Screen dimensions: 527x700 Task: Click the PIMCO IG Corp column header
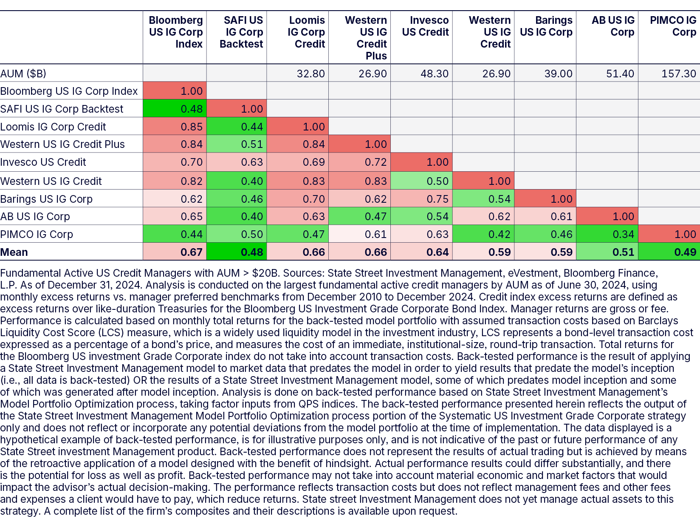(x=673, y=26)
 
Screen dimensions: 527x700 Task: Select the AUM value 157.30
(x=679, y=74)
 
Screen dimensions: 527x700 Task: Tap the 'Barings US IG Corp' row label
(x=46, y=199)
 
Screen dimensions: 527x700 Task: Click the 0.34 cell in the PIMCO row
(x=623, y=234)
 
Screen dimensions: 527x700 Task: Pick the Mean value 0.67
(x=191, y=252)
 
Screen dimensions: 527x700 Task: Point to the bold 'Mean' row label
(x=14, y=252)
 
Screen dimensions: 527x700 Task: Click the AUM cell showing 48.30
(x=434, y=74)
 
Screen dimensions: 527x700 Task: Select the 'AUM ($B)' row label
(x=23, y=74)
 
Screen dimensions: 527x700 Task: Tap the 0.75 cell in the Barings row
(x=437, y=199)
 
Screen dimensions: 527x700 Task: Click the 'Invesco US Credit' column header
(x=425, y=26)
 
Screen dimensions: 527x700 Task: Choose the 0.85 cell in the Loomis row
(x=191, y=127)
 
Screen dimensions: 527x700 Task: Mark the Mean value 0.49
(x=685, y=252)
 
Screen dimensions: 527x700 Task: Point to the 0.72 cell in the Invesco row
(x=375, y=162)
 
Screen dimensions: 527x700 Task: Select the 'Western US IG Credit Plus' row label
(x=62, y=144)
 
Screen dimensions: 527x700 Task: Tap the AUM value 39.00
(x=558, y=74)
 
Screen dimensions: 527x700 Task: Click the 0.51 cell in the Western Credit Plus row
(x=252, y=144)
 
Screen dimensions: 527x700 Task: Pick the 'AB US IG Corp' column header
(x=613, y=26)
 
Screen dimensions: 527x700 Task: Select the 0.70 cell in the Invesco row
(x=191, y=162)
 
